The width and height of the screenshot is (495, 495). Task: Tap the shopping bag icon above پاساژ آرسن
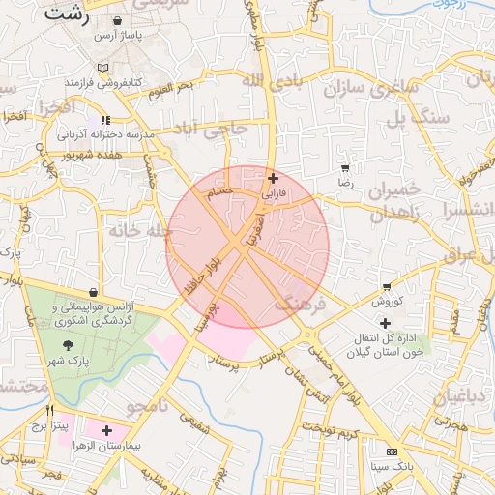(x=117, y=20)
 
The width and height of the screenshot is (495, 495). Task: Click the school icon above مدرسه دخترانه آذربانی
(x=105, y=121)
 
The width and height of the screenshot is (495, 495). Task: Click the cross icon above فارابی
(x=274, y=178)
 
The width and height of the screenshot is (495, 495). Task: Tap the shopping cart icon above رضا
(x=345, y=166)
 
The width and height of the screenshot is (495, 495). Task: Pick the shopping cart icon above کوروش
(x=387, y=287)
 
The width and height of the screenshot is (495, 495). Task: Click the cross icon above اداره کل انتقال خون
(x=386, y=322)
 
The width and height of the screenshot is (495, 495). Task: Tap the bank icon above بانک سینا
(x=391, y=451)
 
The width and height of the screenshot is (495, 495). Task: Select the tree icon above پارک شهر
(x=67, y=345)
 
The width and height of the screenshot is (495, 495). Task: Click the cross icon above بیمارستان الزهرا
(x=105, y=429)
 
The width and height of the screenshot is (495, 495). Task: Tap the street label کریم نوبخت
(x=329, y=428)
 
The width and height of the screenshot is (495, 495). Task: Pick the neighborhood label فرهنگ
(x=296, y=306)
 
